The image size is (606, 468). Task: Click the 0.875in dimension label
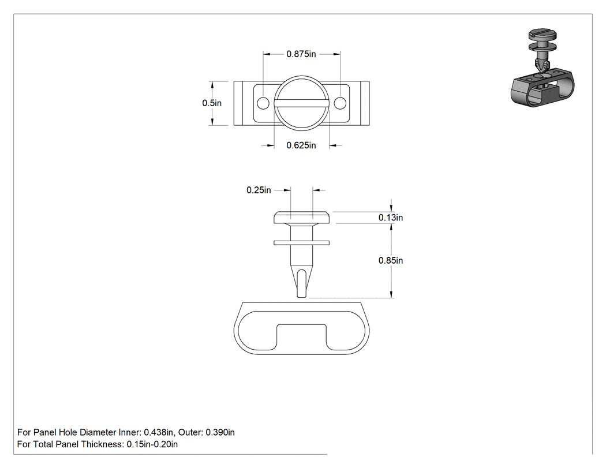click(301, 54)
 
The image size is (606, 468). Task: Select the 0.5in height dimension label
click(212, 103)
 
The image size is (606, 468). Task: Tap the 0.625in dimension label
click(301, 145)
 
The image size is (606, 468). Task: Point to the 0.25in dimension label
click(259, 190)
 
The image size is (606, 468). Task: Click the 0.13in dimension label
click(391, 218)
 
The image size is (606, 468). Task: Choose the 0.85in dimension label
click(391, 260)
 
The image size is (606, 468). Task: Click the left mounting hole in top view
click(263, 103)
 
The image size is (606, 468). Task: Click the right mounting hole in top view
click(340, 103)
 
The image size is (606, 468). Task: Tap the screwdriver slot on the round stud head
click(301, 103)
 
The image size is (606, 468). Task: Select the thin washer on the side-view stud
click(301, 243)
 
